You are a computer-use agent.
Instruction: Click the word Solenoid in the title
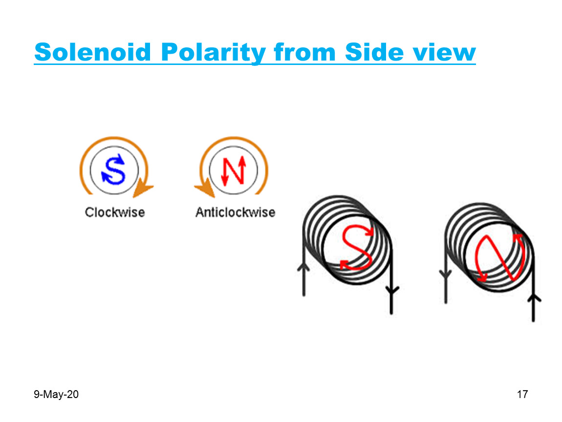[92, 52]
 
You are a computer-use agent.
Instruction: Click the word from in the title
[305, 52]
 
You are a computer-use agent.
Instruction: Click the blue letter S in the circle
[113, 169]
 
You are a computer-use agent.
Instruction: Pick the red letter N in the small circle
[233, 170]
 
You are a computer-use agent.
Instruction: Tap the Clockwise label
[115, 212]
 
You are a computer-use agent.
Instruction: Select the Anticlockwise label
[235, 212]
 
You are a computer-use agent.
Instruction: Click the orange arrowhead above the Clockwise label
[142, 187]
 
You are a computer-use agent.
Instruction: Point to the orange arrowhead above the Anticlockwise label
[205, 188]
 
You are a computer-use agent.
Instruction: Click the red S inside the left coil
[356, 247]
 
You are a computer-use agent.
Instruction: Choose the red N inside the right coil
[499, 258]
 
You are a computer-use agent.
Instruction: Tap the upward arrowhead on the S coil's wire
[303, 268]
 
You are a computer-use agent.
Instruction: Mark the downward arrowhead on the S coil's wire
[391, 291]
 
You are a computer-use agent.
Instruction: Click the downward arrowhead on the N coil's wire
[445, 275]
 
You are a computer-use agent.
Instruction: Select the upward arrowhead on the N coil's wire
[534, 298]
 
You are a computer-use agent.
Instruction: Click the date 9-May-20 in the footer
[56, 395]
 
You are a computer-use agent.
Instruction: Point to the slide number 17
[522, 395]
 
